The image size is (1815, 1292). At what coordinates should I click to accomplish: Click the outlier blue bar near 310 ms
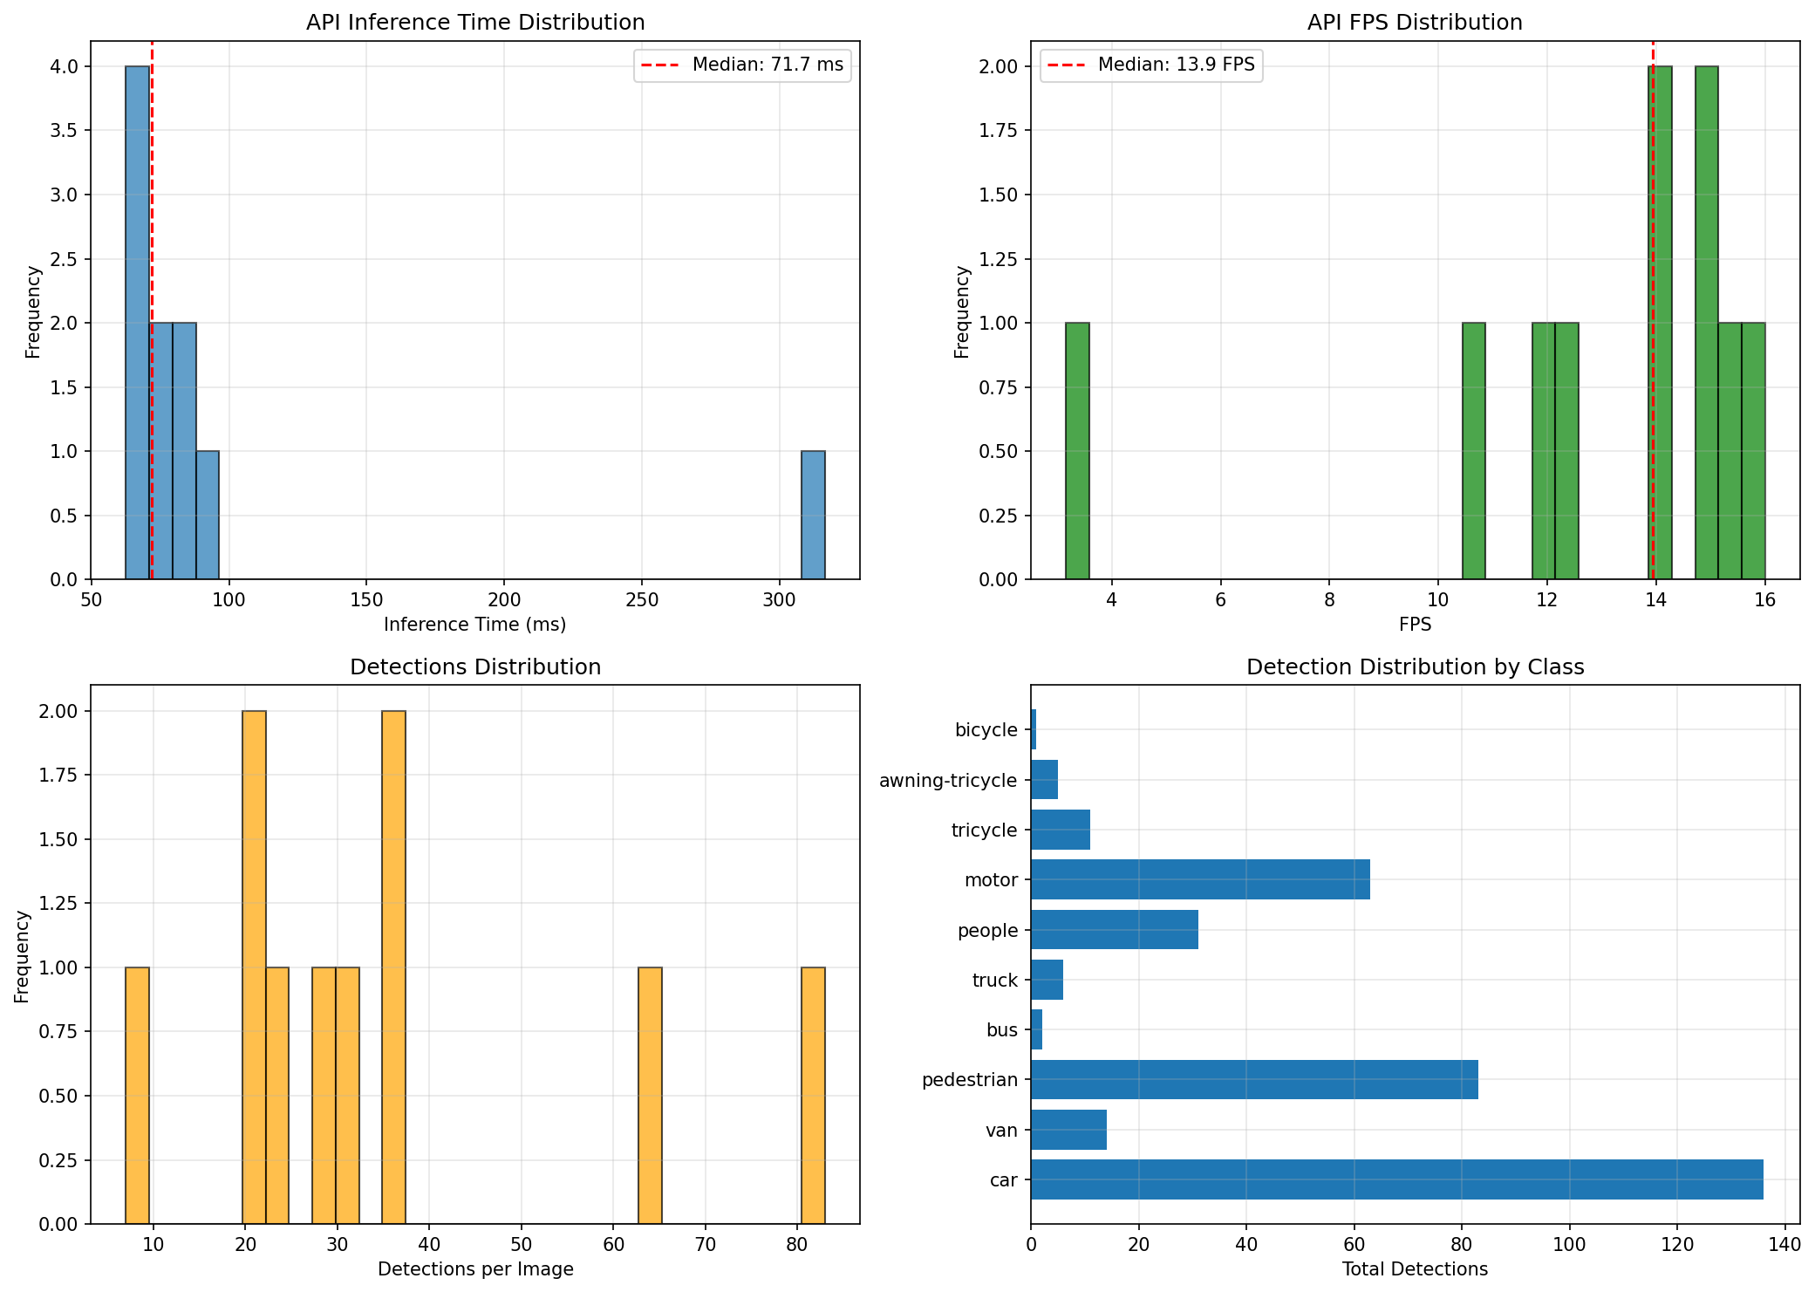[x=813, y=515]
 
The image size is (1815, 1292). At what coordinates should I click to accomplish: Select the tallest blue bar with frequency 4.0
[x=138, y=323]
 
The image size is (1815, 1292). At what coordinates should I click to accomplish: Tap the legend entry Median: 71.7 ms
[x=742, y=65]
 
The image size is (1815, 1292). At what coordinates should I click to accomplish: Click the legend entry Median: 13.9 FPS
[x=1151, y=65]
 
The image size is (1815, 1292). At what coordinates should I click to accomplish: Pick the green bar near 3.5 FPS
[x=1077, y=451]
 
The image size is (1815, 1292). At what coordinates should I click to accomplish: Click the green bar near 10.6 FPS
[x=1474, y=451]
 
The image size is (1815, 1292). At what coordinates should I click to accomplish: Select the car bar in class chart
[x=1396, y=1179]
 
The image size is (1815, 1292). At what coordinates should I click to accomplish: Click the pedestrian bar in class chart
[x=1254, y=1079]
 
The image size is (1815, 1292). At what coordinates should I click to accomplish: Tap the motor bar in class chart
[x=1200, y=879]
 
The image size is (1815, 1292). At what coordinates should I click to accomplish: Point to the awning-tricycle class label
[x=948, y=780]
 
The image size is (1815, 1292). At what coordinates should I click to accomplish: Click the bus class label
[x=1002, y=1030]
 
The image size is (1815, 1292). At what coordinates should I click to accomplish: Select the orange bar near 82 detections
[x=813, y=1096]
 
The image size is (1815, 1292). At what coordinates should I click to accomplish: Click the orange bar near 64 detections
[x=650, y=1096]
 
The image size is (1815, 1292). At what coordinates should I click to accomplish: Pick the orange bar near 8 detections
[x=138, y=1096]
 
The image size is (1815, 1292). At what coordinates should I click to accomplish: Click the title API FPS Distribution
[x=1415, y=22]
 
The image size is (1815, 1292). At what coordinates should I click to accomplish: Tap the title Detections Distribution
[x=475, y=667]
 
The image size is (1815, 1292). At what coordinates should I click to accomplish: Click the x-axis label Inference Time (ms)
[x=475, y=625]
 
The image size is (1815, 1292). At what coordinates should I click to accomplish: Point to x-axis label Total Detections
[x=1415, y=1269]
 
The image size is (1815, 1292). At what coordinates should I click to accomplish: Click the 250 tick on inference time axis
[x=642, y=600]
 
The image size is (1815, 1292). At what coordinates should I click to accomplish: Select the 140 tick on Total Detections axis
[x=1784, y=1244]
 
